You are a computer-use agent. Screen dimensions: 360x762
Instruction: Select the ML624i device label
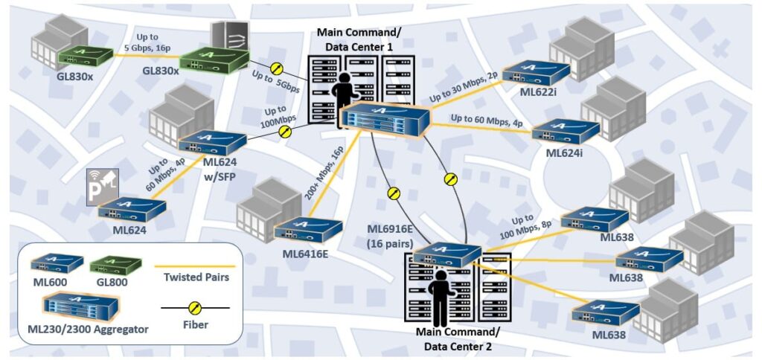[x=567, y=152]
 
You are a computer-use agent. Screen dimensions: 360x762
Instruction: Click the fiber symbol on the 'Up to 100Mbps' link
[x=284, y=132]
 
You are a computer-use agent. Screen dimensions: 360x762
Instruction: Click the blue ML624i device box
[x=564, y=132]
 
